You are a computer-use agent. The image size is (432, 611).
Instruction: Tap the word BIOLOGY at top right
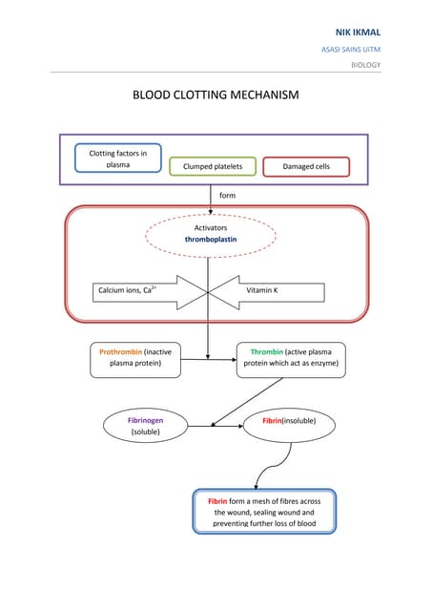coord(365,65)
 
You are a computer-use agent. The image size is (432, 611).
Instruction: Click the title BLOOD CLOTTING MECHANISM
coord(216,95)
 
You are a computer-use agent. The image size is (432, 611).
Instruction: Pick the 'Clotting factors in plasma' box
coord(117,158)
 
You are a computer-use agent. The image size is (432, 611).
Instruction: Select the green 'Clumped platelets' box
coord(213,167)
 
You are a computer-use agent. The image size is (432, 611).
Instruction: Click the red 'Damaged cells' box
coord(306,167)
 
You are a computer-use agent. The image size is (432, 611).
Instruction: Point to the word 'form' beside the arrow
coord(227,195)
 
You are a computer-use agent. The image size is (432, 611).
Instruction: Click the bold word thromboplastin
coord(211,241)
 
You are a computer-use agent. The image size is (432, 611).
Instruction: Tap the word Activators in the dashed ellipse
coord(211,228)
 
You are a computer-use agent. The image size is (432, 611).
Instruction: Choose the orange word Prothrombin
coord(120,351)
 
